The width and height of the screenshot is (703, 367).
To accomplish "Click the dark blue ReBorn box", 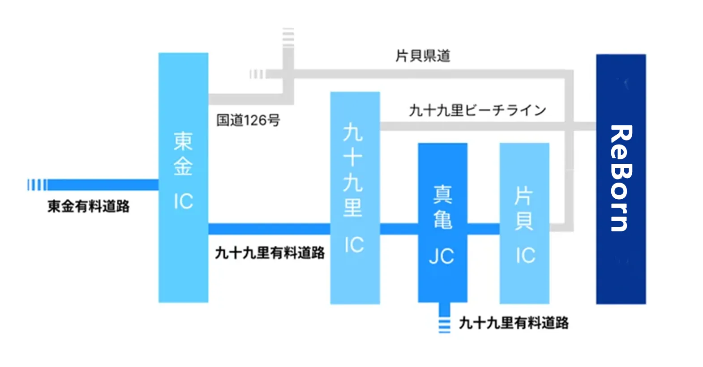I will point(621,179).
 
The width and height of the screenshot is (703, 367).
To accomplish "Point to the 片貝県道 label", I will point(423,56).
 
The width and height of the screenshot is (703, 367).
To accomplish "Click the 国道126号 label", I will point(248,120).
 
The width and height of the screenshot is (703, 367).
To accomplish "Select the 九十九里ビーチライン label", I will point(477,110).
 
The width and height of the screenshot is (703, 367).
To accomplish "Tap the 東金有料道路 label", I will point(88,206).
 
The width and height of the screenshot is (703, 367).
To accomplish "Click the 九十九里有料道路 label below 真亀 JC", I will point(514,323).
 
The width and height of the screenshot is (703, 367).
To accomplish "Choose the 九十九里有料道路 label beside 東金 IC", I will point(270,253).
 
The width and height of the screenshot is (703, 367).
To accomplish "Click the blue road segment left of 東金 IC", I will point(103,184).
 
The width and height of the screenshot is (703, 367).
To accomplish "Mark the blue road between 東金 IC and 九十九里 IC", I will point(269,229).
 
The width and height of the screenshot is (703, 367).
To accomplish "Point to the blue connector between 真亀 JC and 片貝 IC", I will point(483,229).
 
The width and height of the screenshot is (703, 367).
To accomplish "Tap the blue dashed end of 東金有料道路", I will point(37,184).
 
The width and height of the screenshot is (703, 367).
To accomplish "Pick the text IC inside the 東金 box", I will point(183,201).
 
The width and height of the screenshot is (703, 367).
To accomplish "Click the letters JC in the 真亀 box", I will point(442,256).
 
